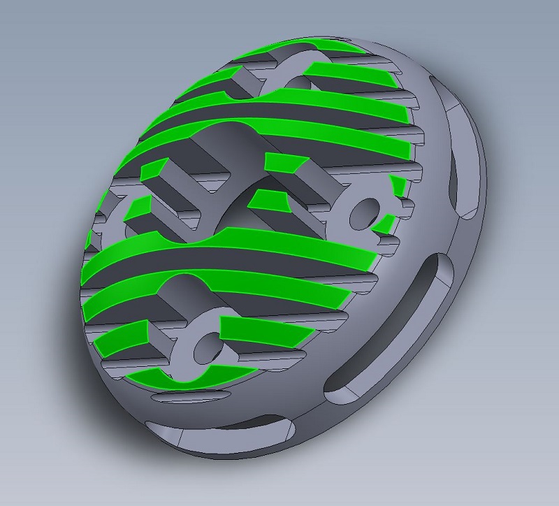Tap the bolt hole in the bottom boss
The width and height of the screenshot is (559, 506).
tap(204, 345)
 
